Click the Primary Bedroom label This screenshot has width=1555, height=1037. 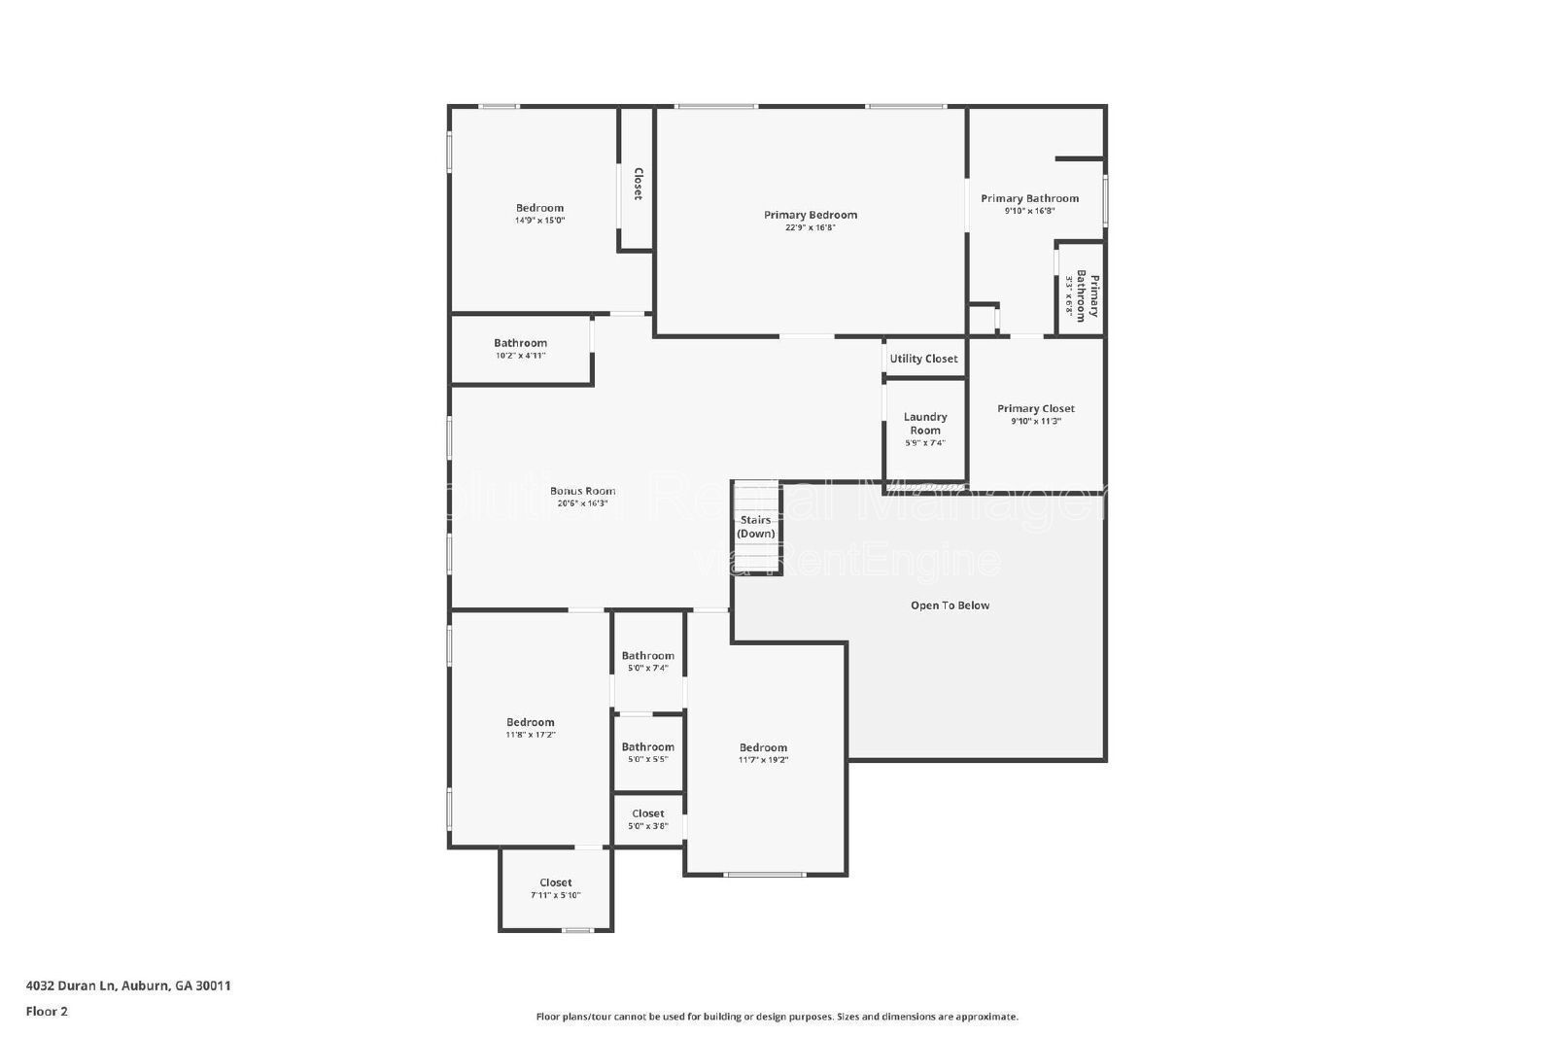pyautogui.click(x=811, y=215)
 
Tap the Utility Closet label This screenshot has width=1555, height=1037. pyautogui.click(x=923, y=359)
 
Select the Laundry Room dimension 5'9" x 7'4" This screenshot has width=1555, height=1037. pyautogui.click(x=924, y=443)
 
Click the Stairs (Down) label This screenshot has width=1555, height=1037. pyautogui.click(x=756, y=527)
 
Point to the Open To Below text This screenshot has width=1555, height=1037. pyautogui.click(x=950, y=605)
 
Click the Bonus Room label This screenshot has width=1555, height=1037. pyautogui.click(x=582, y=491)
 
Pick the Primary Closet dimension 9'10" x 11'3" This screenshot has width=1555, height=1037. pyautogui.click(x=1036, y=422)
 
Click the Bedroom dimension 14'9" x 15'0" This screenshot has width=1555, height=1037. pyautogui.click(x=539, y=221)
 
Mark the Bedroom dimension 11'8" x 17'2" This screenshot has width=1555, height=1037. pyautogui.click(x=530, y=735)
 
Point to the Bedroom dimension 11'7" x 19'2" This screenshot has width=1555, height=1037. pyautogui.click(x=763, y=760)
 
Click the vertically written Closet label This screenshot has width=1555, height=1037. pyautogui.click(x=638, y=184)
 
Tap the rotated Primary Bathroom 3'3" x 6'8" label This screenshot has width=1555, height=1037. pyautogui.click(x=1081, y=296)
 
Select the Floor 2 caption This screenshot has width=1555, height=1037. pyautogui.click(x=47, y=1011)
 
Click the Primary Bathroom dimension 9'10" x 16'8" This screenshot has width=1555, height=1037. pyautogui.click(x=1029, y=211)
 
